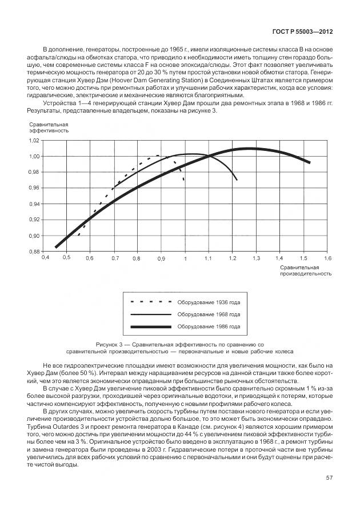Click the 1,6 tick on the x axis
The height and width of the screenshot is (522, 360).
[x=326, y=258]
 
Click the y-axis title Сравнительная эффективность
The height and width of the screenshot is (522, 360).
[x=49, y=127]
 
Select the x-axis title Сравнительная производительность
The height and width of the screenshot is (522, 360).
[x=305, y=270]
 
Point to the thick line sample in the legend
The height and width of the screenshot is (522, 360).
[x=151, y=326]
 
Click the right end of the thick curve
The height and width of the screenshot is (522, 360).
[x=310, y=162]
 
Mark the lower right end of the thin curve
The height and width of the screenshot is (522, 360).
[x=237, y=180]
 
